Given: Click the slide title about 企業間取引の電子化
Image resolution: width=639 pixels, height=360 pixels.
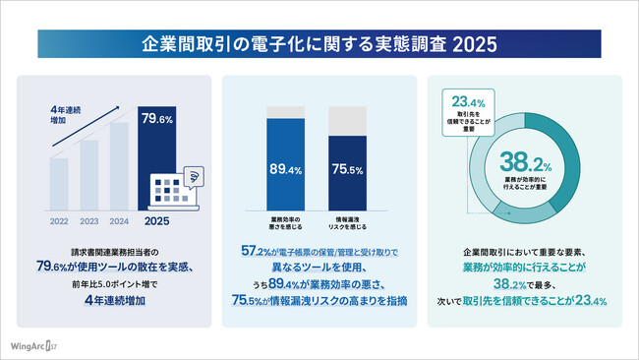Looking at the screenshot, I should [319, 44].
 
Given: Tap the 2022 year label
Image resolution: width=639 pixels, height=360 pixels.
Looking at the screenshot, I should [59, 220].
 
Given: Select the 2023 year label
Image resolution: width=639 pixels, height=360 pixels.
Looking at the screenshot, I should [88, 220].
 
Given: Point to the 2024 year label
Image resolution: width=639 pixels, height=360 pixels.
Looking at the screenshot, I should [118, 220].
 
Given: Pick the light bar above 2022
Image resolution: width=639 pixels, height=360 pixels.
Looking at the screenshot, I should [59, 185].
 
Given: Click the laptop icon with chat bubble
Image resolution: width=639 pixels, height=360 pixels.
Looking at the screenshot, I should [174, 189].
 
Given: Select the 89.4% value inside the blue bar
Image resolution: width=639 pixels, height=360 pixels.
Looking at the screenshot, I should [284, 170].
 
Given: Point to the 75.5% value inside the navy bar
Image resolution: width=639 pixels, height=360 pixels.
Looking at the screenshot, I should [346, 170].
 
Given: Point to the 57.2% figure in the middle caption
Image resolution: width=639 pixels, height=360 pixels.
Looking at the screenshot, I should [257, 252].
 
